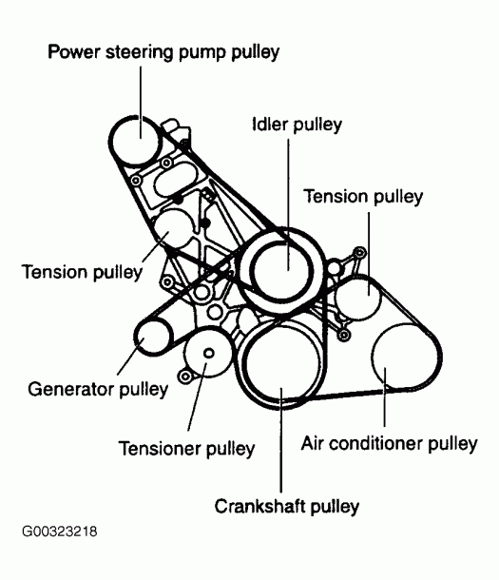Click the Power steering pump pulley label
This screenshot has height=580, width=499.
coord(163,51)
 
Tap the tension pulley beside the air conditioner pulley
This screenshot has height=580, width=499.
coord(362,297)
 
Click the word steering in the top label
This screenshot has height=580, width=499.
coord(148,51)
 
